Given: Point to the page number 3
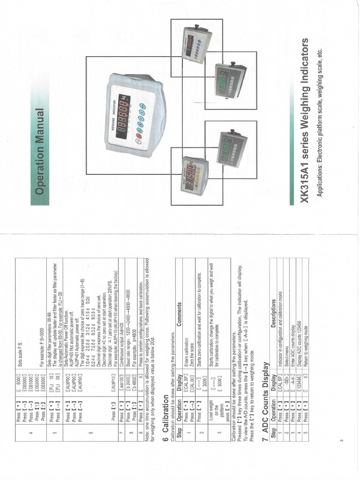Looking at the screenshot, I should click(342, 440).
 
